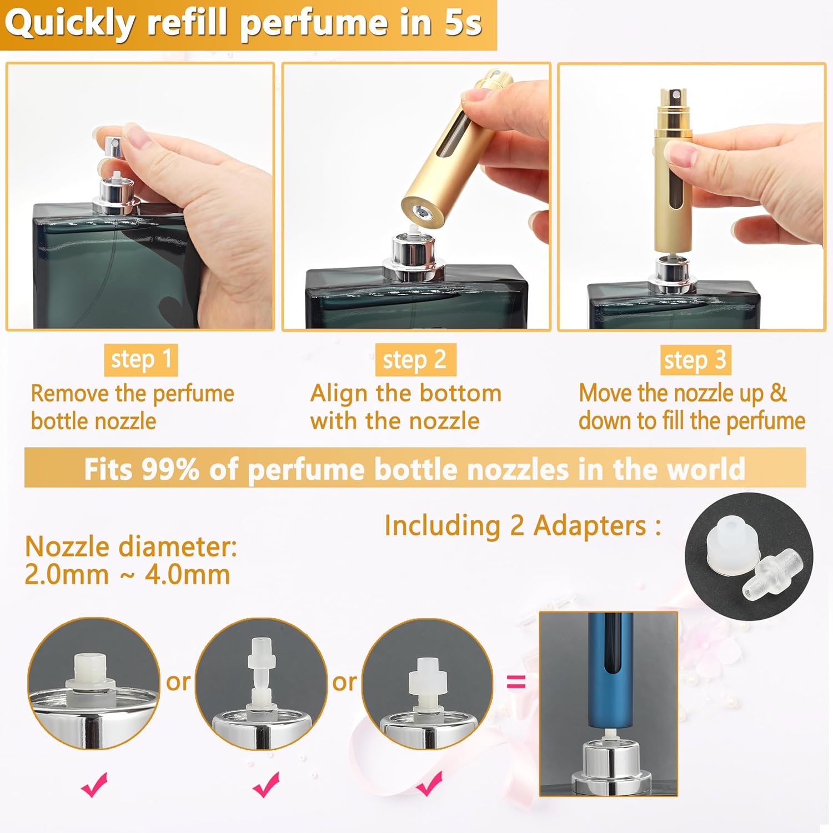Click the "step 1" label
coord(140,359)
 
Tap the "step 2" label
coord(415,360)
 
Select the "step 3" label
coord(695,360)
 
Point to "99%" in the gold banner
coord(170,469)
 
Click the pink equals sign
coord(516,681)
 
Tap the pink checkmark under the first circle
coord(94,784)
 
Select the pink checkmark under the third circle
coord(429,783)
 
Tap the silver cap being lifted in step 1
coord(113,147)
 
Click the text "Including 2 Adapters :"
coord(523,525)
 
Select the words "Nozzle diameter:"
coord(131,546)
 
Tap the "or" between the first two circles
coord(178,681)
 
